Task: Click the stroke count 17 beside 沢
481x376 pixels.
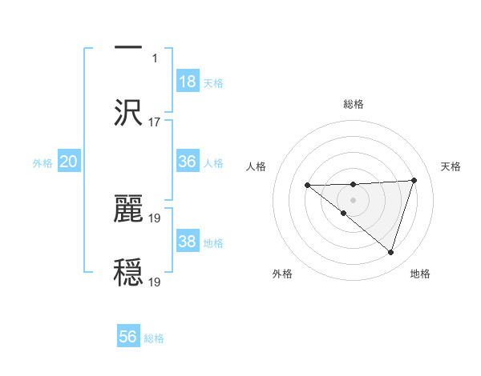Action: coord(155,122)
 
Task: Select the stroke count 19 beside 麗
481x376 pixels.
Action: coord(156,217)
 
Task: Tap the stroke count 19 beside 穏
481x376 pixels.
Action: coord(156,282)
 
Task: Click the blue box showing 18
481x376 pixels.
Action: coord(188,82)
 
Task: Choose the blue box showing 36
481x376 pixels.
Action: coord(188,162)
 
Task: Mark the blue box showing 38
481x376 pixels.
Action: coord(188,242)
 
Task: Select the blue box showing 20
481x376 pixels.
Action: coord(69,162)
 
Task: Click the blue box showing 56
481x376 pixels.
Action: coord(128,337)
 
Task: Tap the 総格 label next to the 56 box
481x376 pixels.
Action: coord(154,338)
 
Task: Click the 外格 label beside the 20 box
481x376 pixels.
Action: coord(42,163)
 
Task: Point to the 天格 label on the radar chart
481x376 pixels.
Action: coord(451,166)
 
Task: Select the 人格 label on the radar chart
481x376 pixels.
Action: coord(256,166)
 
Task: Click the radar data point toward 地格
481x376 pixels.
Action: coord(390,252)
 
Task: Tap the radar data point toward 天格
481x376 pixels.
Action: coord(414,180)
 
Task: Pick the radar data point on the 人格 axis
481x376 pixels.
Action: coord(307,186)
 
